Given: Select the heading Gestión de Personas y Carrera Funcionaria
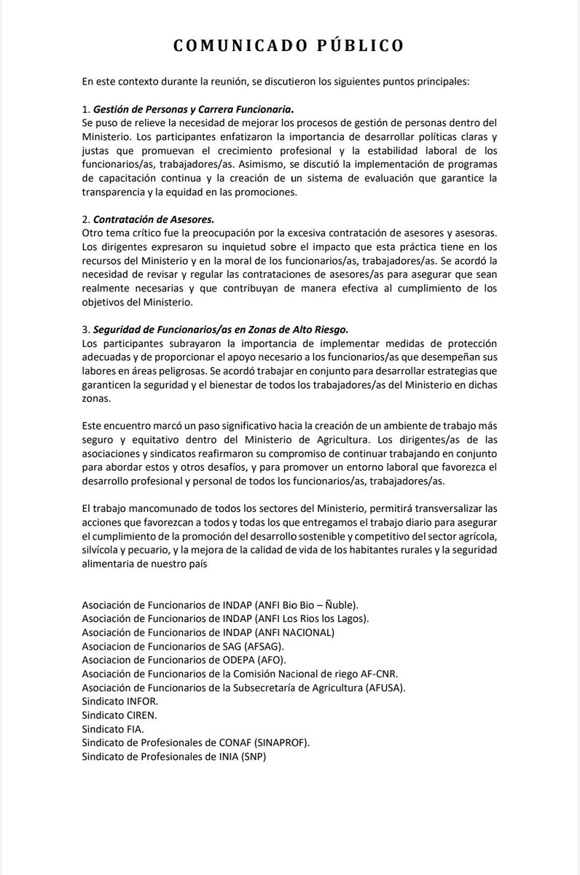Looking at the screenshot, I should [193, 109].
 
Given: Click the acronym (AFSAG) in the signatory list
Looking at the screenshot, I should [265, 646].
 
